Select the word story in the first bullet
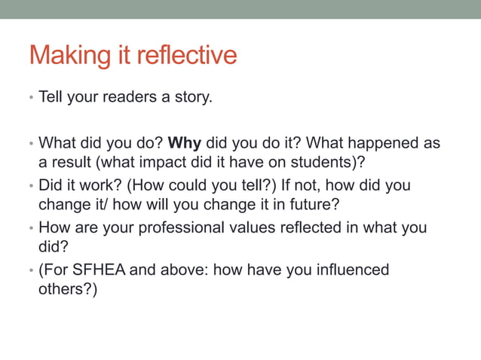[192, 98]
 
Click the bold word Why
[184, 142]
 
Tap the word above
[180, 269]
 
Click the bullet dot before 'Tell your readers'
[30, 99]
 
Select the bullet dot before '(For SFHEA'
[30, 270]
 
